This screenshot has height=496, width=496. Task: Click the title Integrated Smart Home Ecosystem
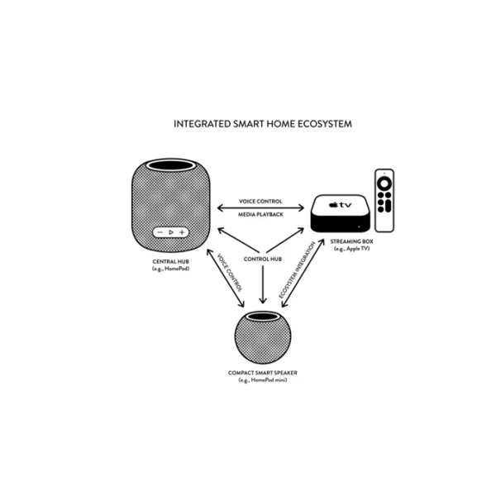click(263, 124)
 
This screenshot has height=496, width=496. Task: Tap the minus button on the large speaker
click(160, 232)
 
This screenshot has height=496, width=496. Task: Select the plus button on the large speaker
click(182, 232)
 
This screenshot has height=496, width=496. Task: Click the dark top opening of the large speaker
click(171, 165)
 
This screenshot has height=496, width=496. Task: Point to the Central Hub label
click(171, 261)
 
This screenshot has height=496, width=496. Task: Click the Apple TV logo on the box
click(340, 205)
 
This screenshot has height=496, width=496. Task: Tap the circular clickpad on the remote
click(384, 184)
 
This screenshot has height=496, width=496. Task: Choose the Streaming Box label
click(352, 241)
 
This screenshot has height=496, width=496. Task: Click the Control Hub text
click(263, 259)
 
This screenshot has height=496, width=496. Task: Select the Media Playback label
click(260, 214)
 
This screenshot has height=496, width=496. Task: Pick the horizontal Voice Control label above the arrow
click(260, 202)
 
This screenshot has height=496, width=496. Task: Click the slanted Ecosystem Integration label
click(297, 269)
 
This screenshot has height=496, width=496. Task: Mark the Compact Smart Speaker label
click(263, 373)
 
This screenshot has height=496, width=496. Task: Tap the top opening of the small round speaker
click(263, 317)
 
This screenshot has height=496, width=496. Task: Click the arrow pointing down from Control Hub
click(263, 284)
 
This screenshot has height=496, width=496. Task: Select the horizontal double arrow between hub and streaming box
click(260, 208)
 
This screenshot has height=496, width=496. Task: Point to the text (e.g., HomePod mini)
click(263, 380)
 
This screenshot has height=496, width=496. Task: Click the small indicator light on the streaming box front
click(359, 227)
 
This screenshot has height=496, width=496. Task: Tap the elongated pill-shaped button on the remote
click(389, 206)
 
